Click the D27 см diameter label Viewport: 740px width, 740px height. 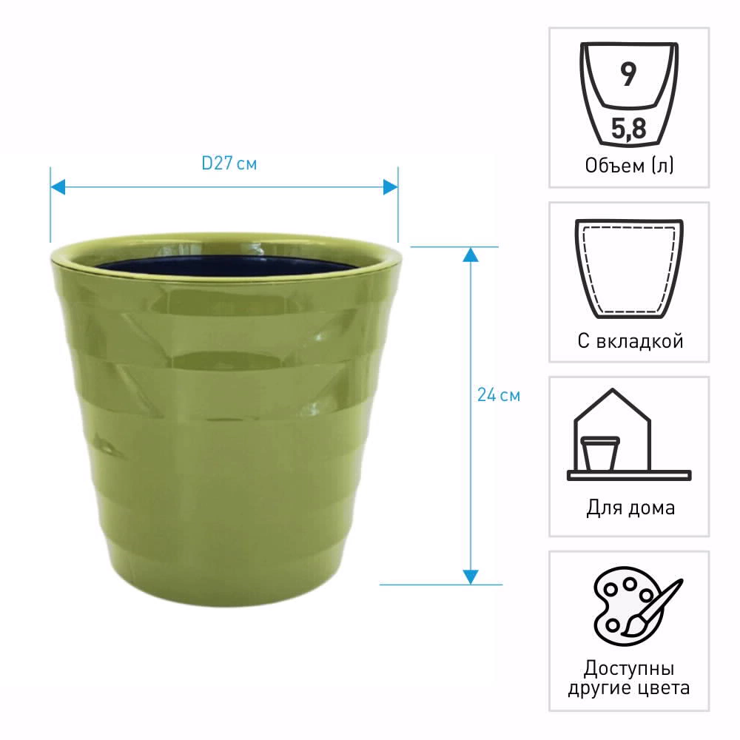point(229,164)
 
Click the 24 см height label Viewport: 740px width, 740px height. point(499,395)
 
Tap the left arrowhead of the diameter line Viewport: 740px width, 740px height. point(58,187)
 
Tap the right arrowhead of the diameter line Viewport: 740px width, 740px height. point(390,187)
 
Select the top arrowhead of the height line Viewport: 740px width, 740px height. point(471,255)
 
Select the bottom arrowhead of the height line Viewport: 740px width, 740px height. point(471,577)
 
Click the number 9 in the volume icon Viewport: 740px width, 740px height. point(628,74)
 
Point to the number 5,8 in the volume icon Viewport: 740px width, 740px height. point(628,128)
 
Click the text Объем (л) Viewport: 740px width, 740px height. point(630,166)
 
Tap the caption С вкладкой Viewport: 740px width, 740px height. point(630,340)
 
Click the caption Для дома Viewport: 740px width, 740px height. point(630,508)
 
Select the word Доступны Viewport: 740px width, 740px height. point(629,668)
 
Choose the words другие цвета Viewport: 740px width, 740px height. point(629,688)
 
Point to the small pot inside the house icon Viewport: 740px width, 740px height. point(600,454)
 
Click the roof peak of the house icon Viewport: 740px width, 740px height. point(612,389)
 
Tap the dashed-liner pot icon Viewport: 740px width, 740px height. point(629,269)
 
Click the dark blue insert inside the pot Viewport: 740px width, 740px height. point(226,266)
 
